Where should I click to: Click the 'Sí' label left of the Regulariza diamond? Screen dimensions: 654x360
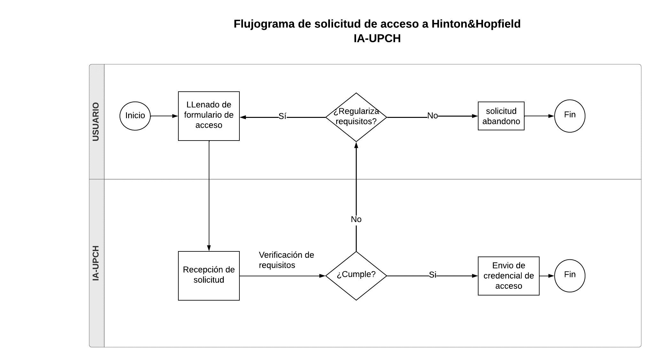(282, 116)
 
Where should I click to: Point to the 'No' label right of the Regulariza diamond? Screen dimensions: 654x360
(432, 116)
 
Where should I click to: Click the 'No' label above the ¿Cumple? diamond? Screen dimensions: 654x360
(356, 219)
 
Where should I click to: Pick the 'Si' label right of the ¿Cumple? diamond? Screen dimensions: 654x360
(432, 275)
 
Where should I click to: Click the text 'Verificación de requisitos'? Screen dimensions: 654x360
(286, 260)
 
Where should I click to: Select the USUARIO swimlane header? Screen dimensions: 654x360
(97, 122)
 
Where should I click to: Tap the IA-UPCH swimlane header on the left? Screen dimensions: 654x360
(97, 263)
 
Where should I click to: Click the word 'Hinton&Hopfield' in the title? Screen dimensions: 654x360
(476, 24)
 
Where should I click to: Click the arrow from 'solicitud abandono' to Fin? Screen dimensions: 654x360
(539, 116)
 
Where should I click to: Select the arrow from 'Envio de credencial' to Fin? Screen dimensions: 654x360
(547, 276)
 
